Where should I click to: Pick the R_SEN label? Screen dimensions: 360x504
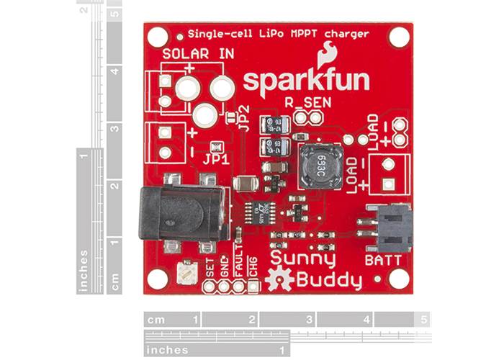point(307,103)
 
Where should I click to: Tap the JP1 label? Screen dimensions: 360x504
point(216,160)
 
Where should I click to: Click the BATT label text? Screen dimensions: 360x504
point(383,258)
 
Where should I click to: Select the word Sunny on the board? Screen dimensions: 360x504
point(302,257)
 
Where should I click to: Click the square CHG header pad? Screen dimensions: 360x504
point(253,287)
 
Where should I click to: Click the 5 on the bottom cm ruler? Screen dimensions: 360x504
point(425,319)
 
